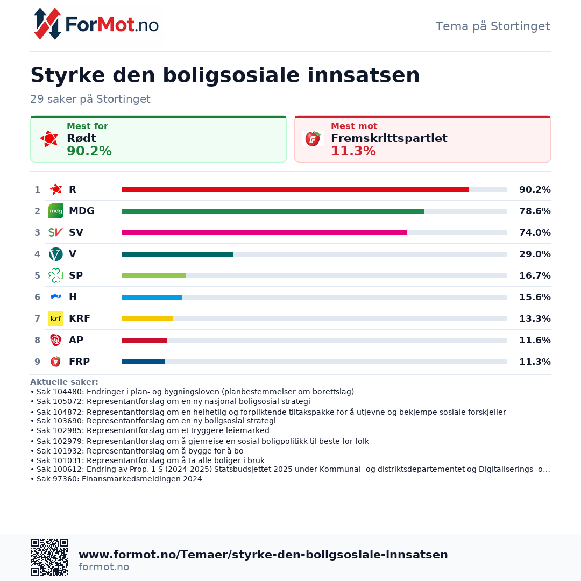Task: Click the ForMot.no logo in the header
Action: [96, 24]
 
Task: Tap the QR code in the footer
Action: [49, 557]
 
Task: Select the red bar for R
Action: [295, 190]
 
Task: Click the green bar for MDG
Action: [273, 211]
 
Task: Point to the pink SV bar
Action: [264, 233]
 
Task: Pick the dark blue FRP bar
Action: [144, 362]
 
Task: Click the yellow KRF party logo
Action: [56, 318]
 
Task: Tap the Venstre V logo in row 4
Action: [56, 254]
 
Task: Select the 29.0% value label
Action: [535, 254]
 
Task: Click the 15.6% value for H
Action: [535, 297]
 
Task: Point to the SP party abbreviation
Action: [76, 275]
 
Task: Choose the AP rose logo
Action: [56, 340]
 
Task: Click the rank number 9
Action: [38, 362]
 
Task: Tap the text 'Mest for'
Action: [88, 126]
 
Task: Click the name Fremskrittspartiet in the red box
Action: [389, 138]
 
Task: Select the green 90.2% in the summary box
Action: [89, 151]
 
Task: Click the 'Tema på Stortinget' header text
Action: [493, 26]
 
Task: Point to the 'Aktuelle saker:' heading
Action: [64, 381]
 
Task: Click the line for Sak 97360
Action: [116, 479]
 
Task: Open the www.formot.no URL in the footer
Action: [263, 554]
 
